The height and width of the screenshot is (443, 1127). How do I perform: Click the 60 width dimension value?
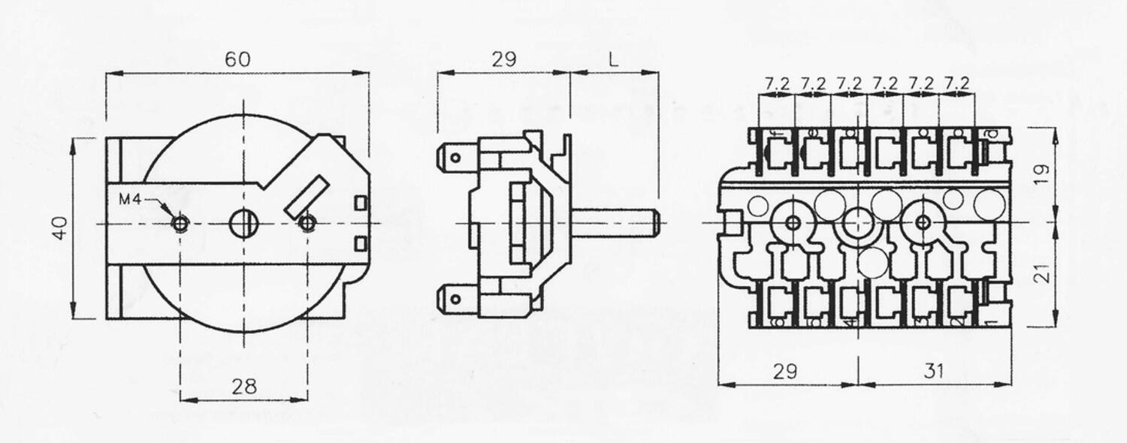(x=238, y=59)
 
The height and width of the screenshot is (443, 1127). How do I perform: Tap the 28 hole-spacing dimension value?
(x=244, y=386)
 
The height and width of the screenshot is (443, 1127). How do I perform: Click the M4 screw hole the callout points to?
(x=180, y=223)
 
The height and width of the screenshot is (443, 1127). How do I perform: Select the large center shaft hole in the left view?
(x=244, y=223)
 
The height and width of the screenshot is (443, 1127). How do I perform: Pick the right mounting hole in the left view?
(x=307, y=223)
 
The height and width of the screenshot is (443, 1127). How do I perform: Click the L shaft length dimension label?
(x=614, y=59)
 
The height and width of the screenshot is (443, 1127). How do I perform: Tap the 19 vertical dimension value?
(x=1041, y=174)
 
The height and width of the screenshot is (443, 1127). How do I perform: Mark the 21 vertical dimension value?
(x=1041, y=275)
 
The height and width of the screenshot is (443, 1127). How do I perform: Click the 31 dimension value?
(x=933, y=370)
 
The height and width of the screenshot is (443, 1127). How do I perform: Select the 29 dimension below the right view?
(x=787, y=370)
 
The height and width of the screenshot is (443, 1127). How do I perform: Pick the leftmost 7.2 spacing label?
(x=777, y=83)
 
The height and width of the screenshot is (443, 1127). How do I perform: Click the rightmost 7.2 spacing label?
(x=956, y=83)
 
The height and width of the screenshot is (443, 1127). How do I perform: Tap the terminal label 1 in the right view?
(x=991, y=321)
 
